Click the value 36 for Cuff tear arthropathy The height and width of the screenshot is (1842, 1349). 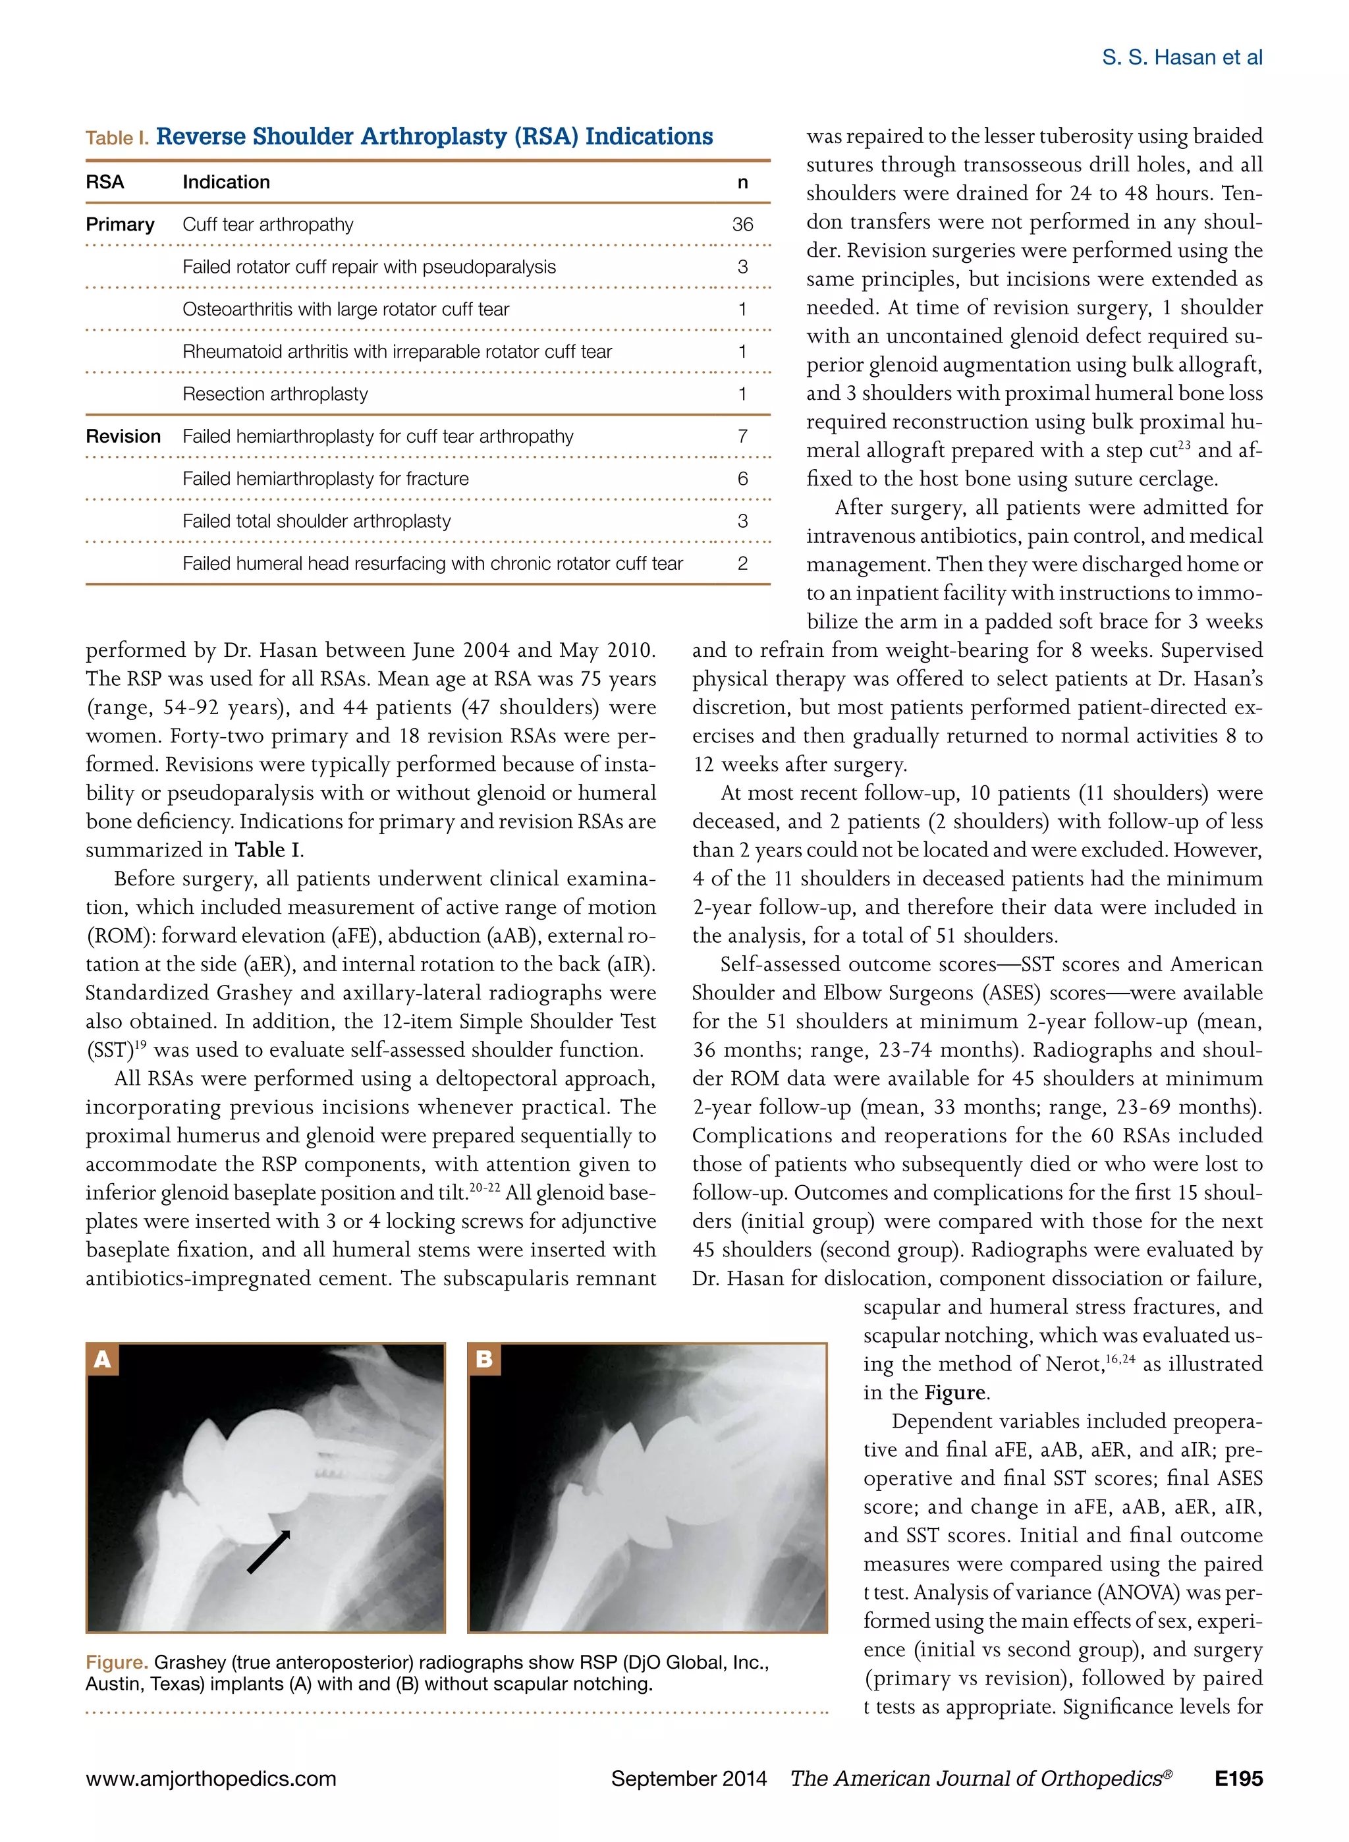(x=742, y=225)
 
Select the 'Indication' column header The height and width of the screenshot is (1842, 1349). (x=226, y=182)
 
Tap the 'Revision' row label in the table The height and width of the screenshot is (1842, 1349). (x=123, y=437)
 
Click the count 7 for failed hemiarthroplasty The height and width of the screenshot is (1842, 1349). (x=742, y=437)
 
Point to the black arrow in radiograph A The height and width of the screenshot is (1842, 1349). (x=269, y=1551)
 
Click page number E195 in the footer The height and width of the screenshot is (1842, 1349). (x=1238, y=1778)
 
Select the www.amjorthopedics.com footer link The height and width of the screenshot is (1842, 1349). (x=211, y=1778)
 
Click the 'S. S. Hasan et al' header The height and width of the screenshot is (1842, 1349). (x=1182, y=57)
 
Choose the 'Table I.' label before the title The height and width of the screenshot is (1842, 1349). (x=117, y=138)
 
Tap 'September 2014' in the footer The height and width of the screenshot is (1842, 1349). (x=688, y=1778)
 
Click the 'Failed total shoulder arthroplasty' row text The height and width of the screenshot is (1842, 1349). (x=317, y=521)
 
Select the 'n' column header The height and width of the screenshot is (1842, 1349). (x=742, y=182)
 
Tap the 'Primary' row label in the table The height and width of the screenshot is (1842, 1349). (x=120, y=225)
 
